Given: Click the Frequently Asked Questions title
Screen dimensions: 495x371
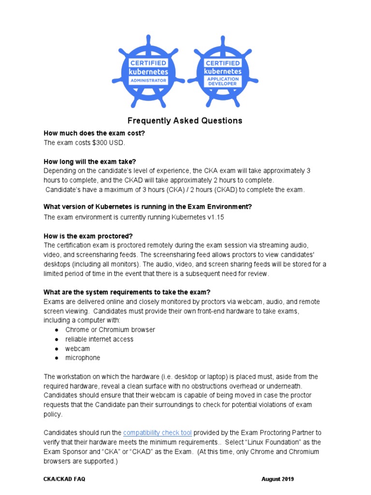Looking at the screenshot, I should [185, 120].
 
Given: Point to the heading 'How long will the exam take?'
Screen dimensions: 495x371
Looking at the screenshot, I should [93, 161].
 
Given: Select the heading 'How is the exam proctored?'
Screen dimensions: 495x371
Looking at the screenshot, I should [88, 236].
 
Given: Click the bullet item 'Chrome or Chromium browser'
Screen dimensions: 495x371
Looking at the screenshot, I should [110, 330].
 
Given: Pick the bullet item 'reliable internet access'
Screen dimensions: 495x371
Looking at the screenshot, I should [100, 339].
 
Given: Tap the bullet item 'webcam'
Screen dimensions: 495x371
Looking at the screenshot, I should [78, 349].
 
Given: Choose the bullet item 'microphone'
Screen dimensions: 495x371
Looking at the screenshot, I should [83, 358].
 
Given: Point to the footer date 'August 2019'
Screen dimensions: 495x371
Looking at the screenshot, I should [277, 479].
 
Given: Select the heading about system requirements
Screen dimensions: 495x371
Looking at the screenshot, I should [127, 292].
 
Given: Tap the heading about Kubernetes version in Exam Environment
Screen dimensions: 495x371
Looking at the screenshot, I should [147, 206].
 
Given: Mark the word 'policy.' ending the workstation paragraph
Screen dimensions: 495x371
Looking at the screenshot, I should [53, 414].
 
